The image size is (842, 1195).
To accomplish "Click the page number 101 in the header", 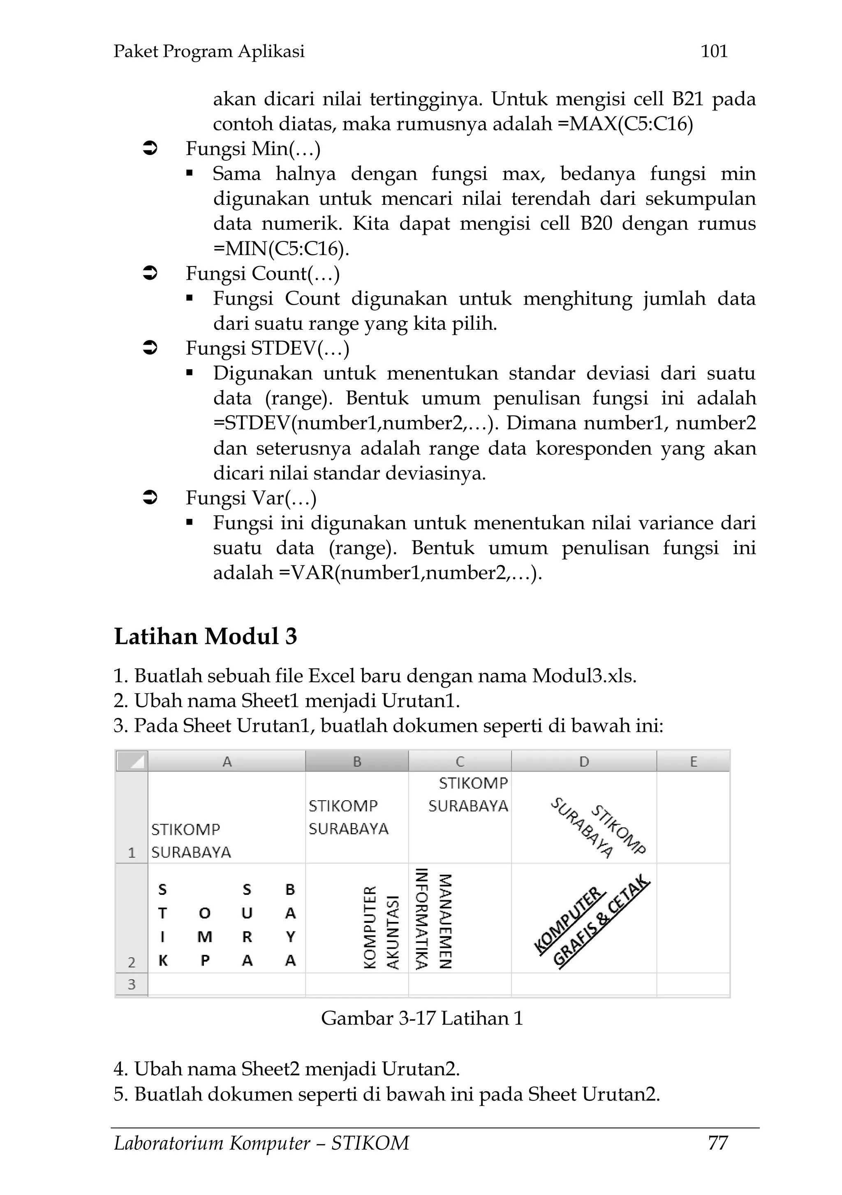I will coord(714,51).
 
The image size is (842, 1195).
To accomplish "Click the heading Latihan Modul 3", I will coord(206,636).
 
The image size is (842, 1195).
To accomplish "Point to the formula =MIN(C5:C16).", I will coord(281,249).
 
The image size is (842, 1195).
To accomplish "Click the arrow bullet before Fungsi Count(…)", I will coord(150,273).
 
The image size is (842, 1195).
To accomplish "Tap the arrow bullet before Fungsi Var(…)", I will coord(150,498).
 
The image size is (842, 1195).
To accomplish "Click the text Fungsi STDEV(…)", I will coord(268,348).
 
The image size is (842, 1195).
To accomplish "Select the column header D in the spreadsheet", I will coord(584,762).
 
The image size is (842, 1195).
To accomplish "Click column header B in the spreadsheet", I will coord(357,762).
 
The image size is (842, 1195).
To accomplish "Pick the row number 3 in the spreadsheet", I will coord(132,984).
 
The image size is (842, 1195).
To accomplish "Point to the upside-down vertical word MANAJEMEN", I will coord(445,921).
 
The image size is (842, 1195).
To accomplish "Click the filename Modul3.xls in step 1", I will coord(584,676).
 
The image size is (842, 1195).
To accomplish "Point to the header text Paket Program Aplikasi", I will coord(209,51).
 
